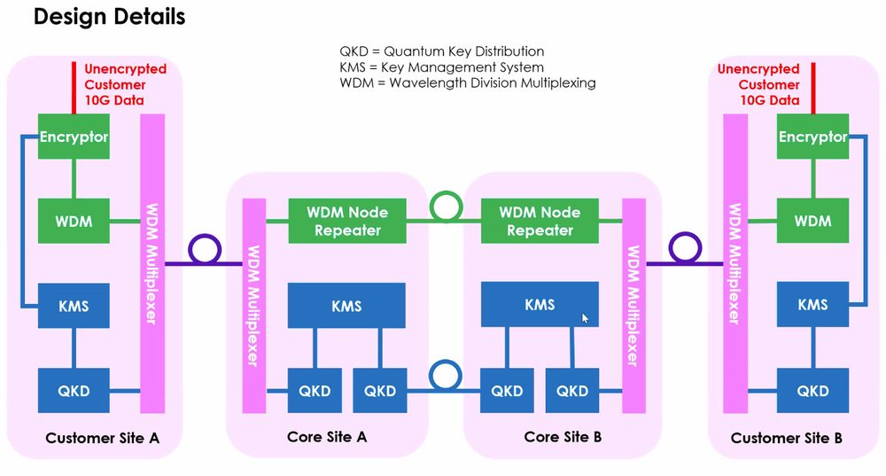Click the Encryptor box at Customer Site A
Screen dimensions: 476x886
(74, 137)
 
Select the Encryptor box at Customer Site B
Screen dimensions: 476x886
(812, 137)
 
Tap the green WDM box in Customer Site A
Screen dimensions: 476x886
(74, 221)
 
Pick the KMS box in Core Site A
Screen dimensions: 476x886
(346, 306)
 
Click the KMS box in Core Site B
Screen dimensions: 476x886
(540, 304)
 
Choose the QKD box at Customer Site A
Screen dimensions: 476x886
(74, 391)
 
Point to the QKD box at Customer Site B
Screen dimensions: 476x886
(812, 391)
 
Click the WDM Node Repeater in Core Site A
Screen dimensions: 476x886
(347, 221)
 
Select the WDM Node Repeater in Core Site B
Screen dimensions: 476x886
(540, 221)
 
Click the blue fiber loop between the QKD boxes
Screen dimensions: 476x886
(443, 376)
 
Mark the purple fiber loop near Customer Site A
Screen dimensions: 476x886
(205, 250)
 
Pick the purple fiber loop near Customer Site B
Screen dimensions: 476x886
(683, 250)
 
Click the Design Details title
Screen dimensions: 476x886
(109, 16)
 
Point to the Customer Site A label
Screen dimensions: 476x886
(101, 438)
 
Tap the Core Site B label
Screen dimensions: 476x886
(563, 437)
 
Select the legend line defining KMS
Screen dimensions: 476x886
(441, 67)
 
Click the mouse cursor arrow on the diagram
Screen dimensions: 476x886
(585, 317)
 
